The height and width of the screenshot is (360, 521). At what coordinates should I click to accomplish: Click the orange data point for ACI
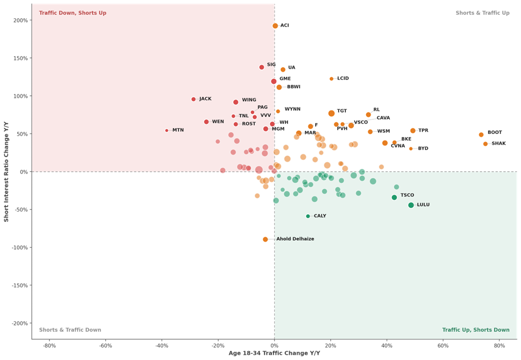pos(275,26)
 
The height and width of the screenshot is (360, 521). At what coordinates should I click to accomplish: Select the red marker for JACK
pos(193,99)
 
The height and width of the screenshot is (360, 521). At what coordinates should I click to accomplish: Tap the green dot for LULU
pos(411,205)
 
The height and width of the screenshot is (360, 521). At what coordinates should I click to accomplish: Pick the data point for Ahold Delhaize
pos(265,239)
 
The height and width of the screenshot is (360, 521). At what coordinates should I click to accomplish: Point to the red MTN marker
pos(167,130)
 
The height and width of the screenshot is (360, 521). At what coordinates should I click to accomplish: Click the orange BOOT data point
pos(481,134)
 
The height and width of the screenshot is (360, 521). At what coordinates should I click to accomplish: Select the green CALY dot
pos(308,216)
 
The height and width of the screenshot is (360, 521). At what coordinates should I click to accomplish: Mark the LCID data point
pos(331,79)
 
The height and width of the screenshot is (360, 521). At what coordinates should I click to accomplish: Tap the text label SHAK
pos(499,143)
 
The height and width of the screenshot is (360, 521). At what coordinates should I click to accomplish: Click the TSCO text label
pos(407,195)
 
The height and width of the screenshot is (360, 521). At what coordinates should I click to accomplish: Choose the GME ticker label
pos(285,79)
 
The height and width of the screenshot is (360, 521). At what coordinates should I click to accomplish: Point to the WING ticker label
pos(249,100)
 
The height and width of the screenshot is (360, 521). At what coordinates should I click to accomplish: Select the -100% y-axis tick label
pos(20,247)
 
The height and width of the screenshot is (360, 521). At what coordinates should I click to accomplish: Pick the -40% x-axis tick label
pos(162,346)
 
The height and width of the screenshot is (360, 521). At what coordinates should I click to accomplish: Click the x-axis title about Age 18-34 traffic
pos(274,353)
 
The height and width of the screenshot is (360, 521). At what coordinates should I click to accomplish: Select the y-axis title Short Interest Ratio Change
pos(6,171)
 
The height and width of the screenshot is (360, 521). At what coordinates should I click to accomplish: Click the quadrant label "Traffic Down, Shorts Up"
pos(73,13)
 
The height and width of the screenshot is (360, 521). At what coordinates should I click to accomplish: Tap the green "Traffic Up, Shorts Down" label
pos(476,330)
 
